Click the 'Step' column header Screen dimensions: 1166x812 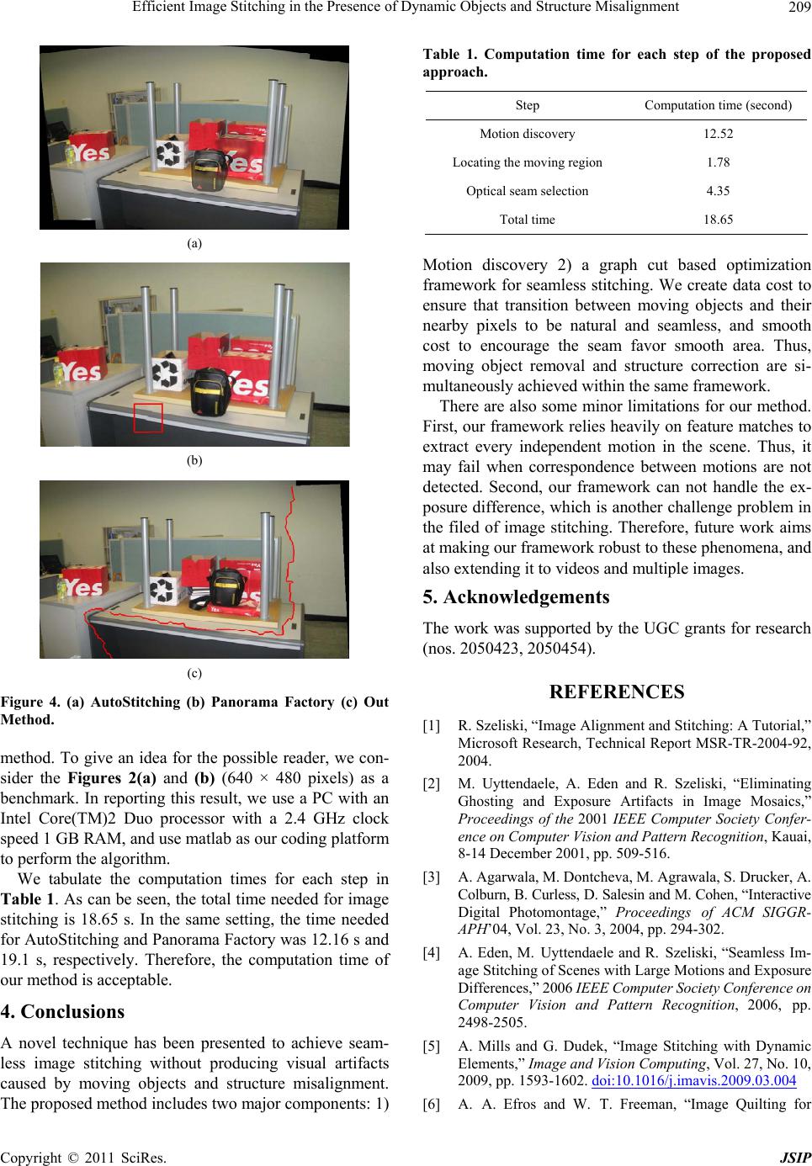(x=527, y=105)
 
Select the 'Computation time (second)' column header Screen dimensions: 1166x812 (x=718, y=105)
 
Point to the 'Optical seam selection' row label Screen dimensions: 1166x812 (x=527, y=191)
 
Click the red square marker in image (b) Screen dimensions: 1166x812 (x=148, y=417)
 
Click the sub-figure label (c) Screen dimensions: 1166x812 (x=194, y=672)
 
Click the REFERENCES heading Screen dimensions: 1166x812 (x=618, y=692)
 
